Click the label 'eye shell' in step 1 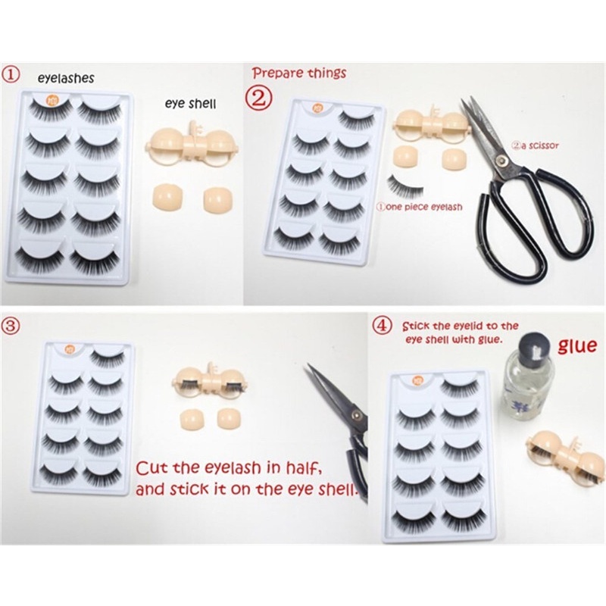click(189, 106)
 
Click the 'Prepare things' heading click(298, 73)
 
